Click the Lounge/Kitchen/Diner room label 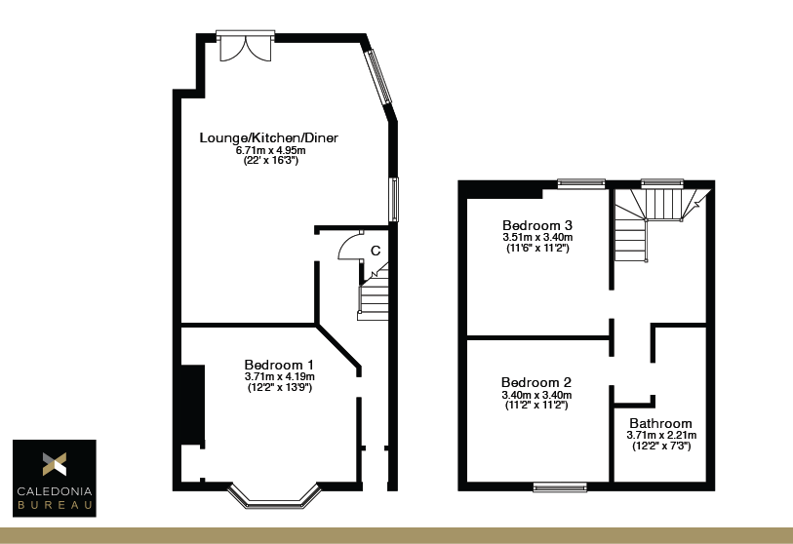(x=268, y=137)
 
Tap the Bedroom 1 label (x=279, y=364)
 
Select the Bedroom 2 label (x=535, y=382)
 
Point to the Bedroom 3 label (x=536, y=225)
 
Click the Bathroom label (x=660, y=423)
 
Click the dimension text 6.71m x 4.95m (x=270, y=150)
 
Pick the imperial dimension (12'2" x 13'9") (x=279, y=387)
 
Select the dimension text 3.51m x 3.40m (x=536, y=237)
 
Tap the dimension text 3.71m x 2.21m (x=660, y=435)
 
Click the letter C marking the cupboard (x=376, y=250)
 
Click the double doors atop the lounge (x=245, y=46)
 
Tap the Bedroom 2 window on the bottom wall (x=560, y=486)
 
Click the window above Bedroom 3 (x=579, y=181)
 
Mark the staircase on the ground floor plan (x=375, y=292)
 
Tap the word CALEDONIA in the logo (x=54, y=493)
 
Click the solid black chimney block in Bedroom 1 (x=191, y=405)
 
